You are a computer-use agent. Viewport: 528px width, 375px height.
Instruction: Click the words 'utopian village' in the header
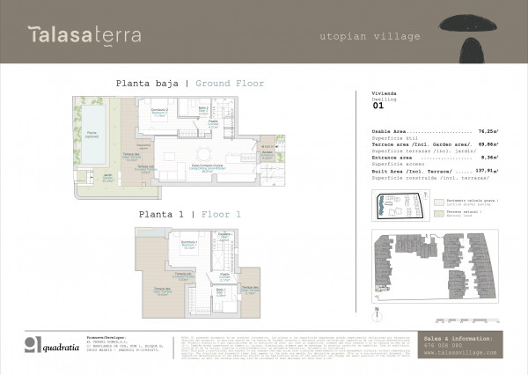pos(370,37)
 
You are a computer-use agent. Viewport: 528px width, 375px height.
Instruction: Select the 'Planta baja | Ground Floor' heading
pos(189,84)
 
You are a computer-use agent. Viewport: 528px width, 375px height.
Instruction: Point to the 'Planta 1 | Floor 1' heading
pos(189,214)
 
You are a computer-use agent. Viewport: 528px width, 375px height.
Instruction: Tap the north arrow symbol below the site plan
pos(376,309)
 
